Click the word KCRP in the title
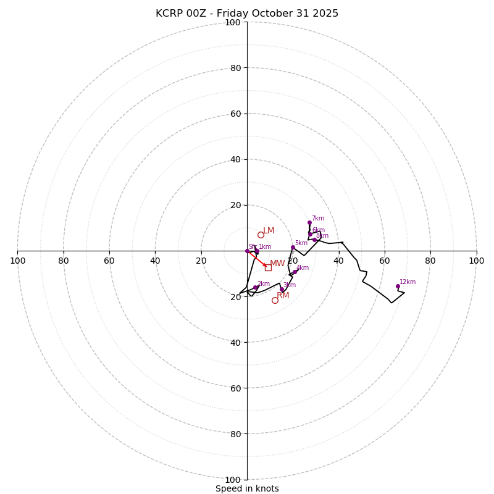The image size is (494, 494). (169, 14)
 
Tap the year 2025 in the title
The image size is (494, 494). (325, 14)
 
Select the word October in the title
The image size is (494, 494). (270, 14)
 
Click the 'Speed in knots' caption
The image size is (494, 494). (247, 488)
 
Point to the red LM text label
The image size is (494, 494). (269, 231)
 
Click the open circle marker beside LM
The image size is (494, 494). (261, 235)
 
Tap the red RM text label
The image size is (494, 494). (283, 296)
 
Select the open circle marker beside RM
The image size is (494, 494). (275, 300)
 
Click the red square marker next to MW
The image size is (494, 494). (268, 267)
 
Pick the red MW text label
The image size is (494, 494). (277, 264)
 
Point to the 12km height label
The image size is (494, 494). (408, 282)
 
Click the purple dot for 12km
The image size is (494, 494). (398, 286)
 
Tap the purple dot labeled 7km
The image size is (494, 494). (309, 222)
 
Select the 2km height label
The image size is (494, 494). (264, 284)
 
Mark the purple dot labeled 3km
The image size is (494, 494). (282, 289)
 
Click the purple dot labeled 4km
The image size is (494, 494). (295, 272)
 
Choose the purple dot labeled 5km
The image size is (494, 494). (293, 247)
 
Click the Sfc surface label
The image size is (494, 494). (252, 246)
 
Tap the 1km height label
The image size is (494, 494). (265, 247)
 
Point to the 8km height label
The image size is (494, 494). (322, 236)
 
